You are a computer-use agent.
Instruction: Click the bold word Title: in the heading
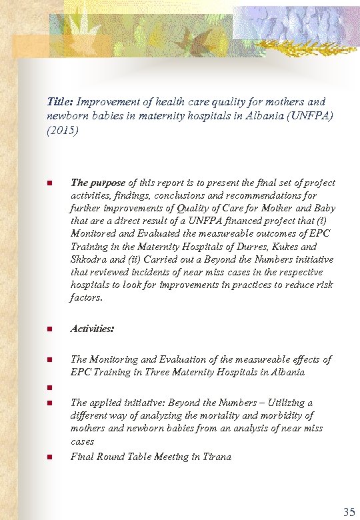tap(60, 102)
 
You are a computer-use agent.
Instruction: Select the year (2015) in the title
tap(63, 131)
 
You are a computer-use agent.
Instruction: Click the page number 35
tap(348, 512)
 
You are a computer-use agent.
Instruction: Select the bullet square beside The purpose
tap(49, 183)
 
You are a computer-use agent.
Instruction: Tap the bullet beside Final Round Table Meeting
tap(49, 457)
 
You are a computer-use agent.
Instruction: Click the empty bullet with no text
tap(49, 388)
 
